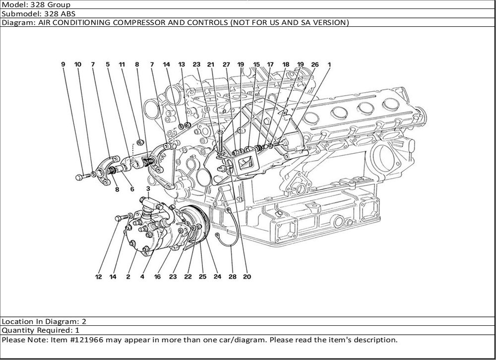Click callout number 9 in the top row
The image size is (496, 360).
(63, 64)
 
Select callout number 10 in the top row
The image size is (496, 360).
(78, 64)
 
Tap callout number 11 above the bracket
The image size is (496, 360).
(122, 64)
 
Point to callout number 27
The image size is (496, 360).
(226, 64)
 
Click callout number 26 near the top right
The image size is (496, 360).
(314, 64)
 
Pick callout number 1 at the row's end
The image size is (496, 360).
(329, 64)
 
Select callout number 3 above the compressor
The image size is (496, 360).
(148, 189)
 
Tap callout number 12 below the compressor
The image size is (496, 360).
(99, 277)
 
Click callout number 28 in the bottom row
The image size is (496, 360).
(232, 277)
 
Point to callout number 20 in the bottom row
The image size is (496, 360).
(247, 277)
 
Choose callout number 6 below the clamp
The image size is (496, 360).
(132, 189)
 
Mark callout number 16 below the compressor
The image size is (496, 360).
(157, 277)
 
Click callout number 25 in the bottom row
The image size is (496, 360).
(202, 277)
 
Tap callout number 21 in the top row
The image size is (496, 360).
(211, 64)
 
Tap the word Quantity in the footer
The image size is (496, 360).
(18, 330)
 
